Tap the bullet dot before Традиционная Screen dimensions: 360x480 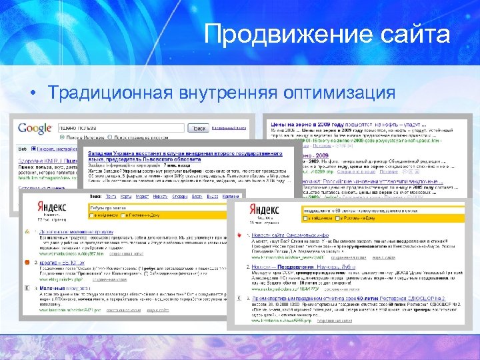[x=31, y=93]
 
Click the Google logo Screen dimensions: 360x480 [x=35, y=128]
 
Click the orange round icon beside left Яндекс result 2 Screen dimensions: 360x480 [x=26, y=263]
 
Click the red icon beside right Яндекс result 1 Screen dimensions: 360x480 [x=239, y=237]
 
